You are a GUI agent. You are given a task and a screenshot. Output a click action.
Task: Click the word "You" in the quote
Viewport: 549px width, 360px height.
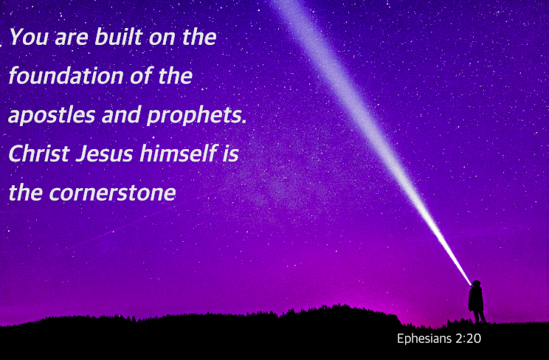[29, 37]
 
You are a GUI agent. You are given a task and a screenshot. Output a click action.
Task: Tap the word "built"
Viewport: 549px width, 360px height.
[118, 36]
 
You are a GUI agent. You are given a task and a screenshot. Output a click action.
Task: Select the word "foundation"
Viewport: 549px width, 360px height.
[66, 76]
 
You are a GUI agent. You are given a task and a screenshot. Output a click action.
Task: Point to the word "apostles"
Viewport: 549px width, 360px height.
[52, 116]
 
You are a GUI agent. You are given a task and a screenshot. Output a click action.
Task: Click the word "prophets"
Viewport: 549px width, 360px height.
[194, 116]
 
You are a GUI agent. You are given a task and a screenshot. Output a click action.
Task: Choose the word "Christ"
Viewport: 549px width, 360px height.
[39, 153]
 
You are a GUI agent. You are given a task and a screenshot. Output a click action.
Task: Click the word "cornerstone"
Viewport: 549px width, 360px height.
[112, 193]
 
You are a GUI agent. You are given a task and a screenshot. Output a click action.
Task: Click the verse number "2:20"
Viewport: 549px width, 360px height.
[469, 339]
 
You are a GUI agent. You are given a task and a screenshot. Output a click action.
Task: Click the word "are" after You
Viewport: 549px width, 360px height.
[72, 39]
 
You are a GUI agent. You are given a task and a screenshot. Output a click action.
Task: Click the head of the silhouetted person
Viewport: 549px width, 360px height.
[476, 283]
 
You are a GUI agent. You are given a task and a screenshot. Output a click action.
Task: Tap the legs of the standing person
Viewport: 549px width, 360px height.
[479, 316]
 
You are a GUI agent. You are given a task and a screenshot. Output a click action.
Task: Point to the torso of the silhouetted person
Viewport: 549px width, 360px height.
[476, 299]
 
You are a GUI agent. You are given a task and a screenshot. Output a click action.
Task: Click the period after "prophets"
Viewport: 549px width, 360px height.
[244, 122]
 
